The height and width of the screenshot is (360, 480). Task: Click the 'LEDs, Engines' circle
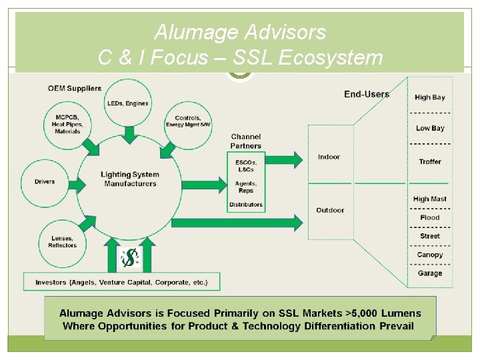point(128,103)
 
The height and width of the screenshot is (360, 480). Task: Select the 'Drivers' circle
point(45,181)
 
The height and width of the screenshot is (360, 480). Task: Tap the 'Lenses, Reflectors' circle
point(62,242)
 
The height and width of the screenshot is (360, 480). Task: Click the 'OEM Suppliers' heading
point(75,88)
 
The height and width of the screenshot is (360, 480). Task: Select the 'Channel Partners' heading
point(246,141)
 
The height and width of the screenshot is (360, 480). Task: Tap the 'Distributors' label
point(246,204)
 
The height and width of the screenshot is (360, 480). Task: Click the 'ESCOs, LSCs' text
point(246,165)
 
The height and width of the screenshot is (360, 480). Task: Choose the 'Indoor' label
point(329,157)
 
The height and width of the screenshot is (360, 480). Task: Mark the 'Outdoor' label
point(330,210)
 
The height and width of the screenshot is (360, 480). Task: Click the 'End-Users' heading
point(366,94)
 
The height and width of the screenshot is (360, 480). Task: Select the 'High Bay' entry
point(429,97)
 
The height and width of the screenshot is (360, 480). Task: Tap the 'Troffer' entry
point(430,161)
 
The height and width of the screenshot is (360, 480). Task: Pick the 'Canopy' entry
point(430,255)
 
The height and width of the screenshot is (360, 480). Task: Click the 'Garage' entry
point(430,273)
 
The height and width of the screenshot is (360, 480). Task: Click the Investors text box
point(121,282)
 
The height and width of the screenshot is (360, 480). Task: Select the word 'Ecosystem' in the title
point(330,58)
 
